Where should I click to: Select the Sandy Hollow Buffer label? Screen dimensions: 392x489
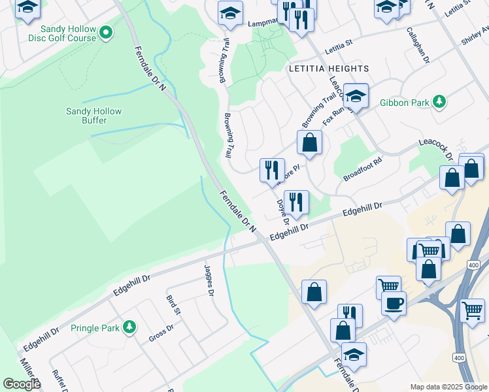(x=93, y=116)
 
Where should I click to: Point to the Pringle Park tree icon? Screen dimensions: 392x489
(x=129, y=327)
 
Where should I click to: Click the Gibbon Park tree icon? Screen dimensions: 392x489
(x=441, y=102)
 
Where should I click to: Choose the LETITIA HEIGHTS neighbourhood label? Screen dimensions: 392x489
(x=329, y=69)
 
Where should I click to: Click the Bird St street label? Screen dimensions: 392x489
(x=173, y=304)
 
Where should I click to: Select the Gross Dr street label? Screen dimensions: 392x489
(x=161, y=333)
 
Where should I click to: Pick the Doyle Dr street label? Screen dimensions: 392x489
(x=283, y=210)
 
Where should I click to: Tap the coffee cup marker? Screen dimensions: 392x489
(x=394, y=304)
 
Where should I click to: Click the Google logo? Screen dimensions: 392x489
(x=22, y=384)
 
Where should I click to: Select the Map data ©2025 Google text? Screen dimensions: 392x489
(x=448, y=387)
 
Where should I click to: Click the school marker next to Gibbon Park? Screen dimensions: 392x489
(x=356, y=96)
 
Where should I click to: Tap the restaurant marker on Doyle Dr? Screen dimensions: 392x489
(x=297, y=203)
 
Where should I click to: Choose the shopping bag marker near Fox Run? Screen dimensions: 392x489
(x=310, y=142)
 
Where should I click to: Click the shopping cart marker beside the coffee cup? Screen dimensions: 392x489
(x=389, y=286)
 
